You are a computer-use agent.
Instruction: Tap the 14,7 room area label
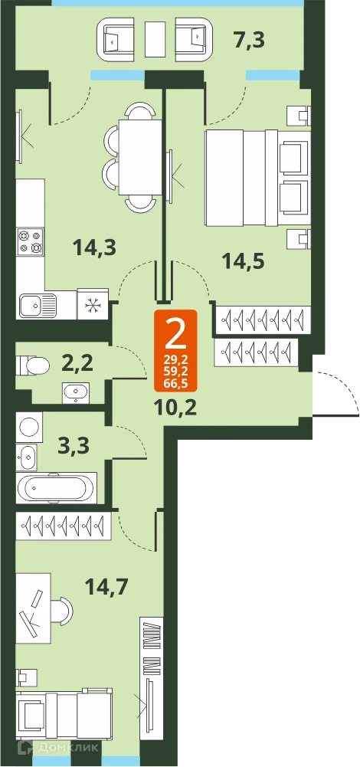tap(106, 588)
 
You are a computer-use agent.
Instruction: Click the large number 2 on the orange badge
tap(175, 333)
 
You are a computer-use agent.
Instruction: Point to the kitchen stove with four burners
tap(31, 241)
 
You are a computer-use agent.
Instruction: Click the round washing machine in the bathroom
tap(30, 425)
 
